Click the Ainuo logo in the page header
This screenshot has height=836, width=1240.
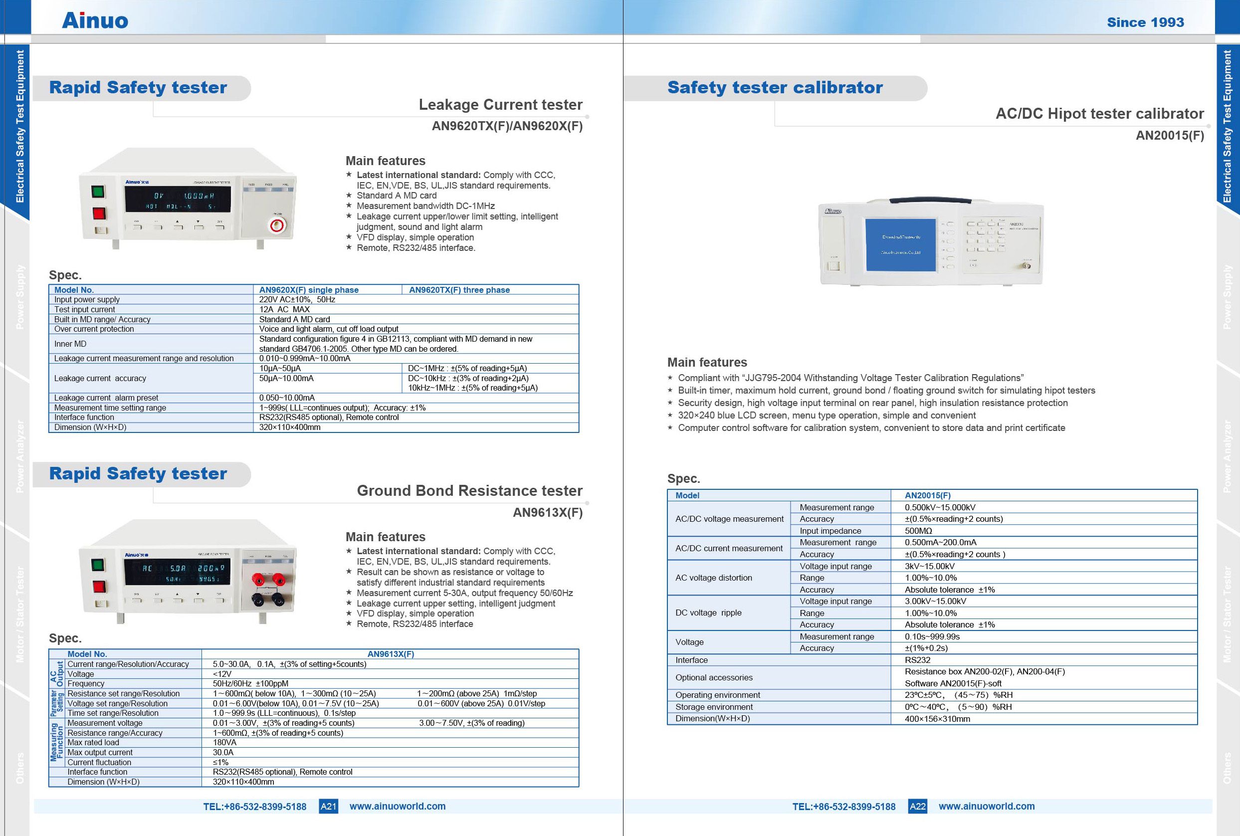tap(95, 21)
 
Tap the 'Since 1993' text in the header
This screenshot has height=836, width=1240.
tap(1145, 22)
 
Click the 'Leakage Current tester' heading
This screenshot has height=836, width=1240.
tap(500, 105)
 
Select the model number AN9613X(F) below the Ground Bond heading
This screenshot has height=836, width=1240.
tap(548, 512)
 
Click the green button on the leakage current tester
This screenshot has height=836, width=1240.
tap(98, 192)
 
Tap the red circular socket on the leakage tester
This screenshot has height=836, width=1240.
tap(277, 225)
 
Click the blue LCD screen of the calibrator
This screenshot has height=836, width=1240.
tap(900, 244)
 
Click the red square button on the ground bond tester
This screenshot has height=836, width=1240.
tap(98, 587)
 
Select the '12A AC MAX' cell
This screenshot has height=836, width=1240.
tap(284, 309)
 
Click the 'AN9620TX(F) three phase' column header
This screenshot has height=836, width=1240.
tap(459, 290)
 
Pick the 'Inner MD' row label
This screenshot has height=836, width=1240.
tap(70, 344)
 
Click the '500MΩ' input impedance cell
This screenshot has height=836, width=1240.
tap(918, 531)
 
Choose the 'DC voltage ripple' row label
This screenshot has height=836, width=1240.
tap(708, 613)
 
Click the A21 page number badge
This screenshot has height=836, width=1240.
tap(328, 806)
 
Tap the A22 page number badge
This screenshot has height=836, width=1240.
tap(917, 806)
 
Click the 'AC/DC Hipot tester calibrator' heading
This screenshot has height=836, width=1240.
tap(1099, 114)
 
